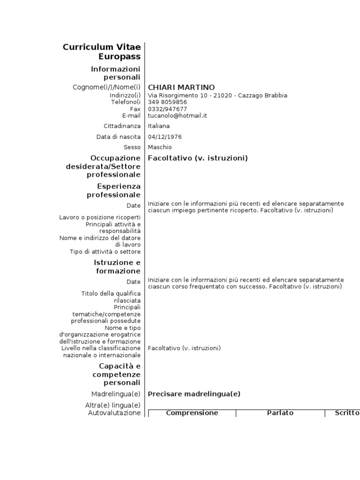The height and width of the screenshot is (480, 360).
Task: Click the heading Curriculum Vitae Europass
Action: [x=102, y=52]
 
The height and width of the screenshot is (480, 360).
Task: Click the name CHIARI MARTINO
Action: [x=175, y=87]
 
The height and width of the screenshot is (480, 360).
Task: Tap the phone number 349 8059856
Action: [x=167, y=102]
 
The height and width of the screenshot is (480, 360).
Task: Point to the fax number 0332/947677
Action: [x=167, y=109]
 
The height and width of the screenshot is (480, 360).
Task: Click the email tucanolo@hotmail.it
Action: [x=178, y=115]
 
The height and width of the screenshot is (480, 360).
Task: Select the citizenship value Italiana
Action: [x=159, y=126]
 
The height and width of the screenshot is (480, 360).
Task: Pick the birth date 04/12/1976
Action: [x=165, y=137]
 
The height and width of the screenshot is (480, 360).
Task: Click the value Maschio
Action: [x=160, y=147]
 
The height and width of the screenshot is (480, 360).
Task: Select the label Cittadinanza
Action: [x=122, y=126]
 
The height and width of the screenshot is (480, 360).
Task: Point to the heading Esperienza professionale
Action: [x=113, y=190]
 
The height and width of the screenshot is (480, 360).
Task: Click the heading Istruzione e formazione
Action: [x=117, y=267]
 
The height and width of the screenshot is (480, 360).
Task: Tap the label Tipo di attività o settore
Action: [x=105, y=252]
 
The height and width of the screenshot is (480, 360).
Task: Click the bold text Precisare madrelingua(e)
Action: [x=194, y=394]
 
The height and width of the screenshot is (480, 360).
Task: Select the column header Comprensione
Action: [x=192, y=413]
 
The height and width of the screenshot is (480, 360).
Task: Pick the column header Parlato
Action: [x=280, y=413]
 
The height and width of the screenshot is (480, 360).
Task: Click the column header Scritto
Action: [x=347, y=413]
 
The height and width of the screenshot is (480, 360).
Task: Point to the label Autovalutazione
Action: [x=114, y=413]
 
